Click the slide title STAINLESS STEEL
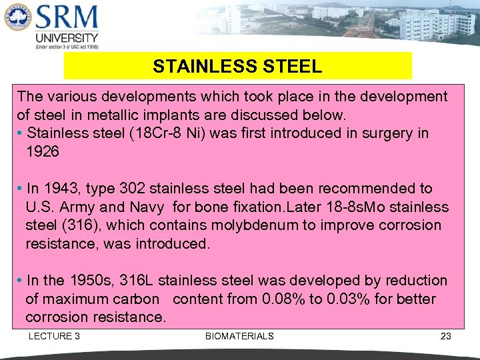237,67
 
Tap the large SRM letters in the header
67,17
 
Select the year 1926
43,151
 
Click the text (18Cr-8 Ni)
172,133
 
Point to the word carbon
137,299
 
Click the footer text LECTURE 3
54,336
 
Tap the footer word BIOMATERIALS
239,336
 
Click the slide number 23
446,336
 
